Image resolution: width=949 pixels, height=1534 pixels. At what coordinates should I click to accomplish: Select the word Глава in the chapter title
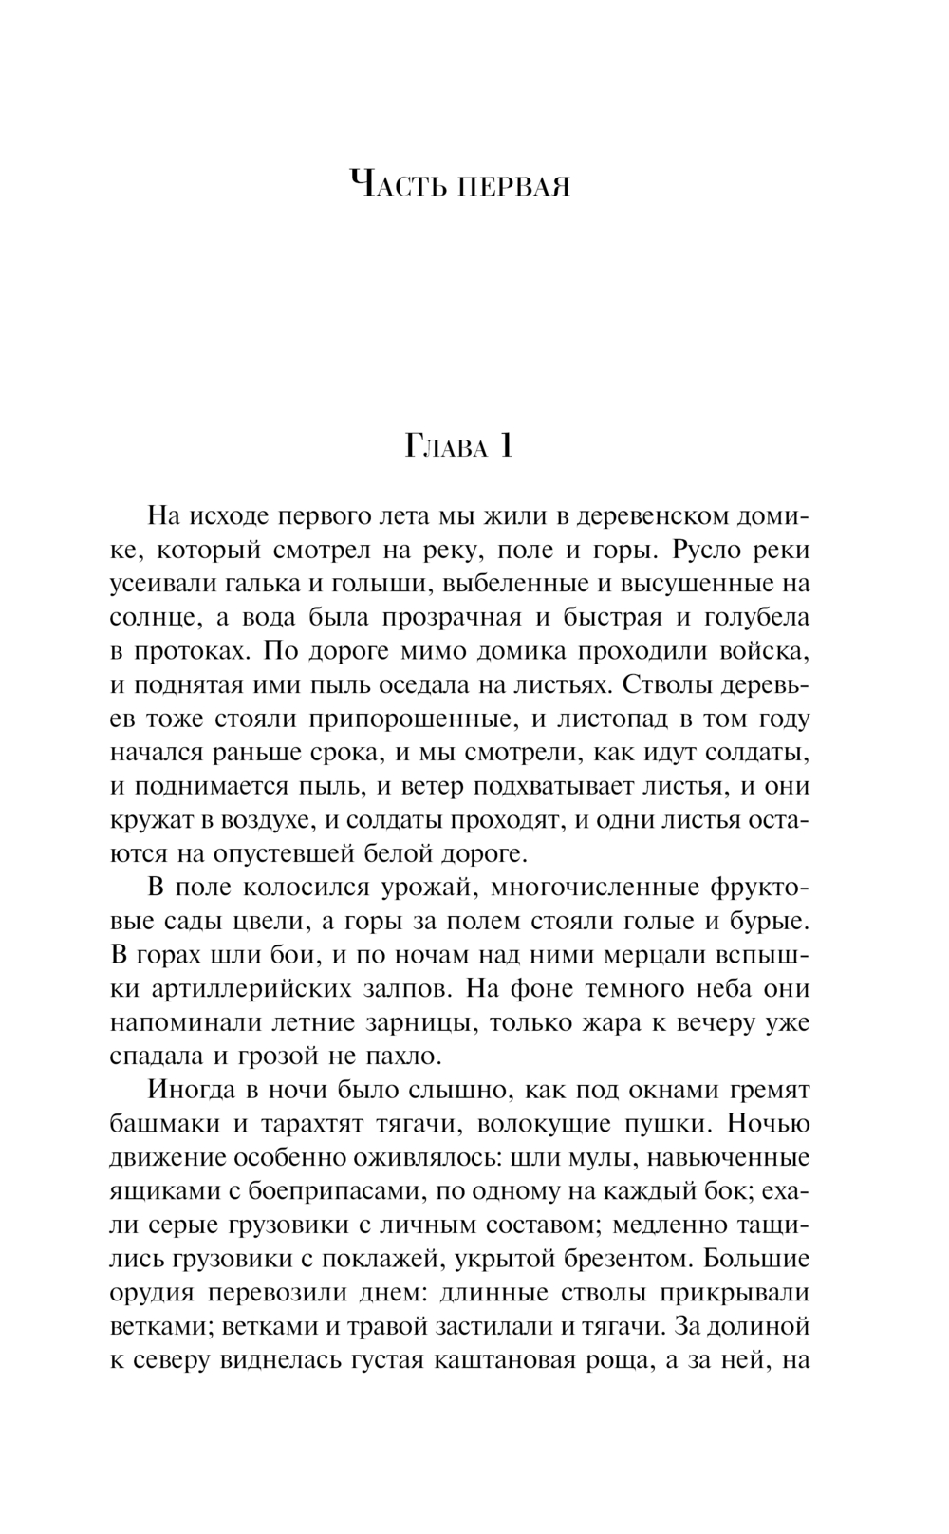click(x=445, y=447)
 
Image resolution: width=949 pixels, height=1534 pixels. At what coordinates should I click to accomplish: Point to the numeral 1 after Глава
click(x=506, y=445)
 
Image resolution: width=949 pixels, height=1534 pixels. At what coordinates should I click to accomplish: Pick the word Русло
click(x=705, y=551)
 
